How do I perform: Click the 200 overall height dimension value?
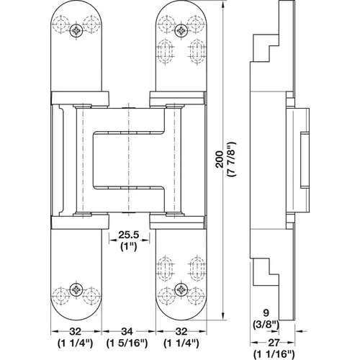pyautogui.click(x=220, y=159)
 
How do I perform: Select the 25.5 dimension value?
pyautogui.click(x=129, y=235)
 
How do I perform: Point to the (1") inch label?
pyautogui.click(x=129, y=246)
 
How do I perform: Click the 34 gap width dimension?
pyautogui.click(x=127, y=332)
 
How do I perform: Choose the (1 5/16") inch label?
pyautogui.click(x=127, y=343)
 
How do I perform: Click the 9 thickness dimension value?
pyautogui.click(x=266, y=312)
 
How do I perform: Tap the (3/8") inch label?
pyautogui.click(x=266, y=325)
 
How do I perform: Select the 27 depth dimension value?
pyautogui.click(x=273, y=343)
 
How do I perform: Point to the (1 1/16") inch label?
pyautogui.click(x=274, y=354)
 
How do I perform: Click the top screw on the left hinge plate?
pyautogui.click(x=76, y=31)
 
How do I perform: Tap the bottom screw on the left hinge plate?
pyautogui.click(x=76, y=290)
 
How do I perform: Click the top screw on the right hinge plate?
pyautogui.click(x=181, y=31)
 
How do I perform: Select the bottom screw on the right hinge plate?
pyautogui.click(x=181, y=290)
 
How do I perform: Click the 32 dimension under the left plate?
pyautogui.click(x=76, y=332)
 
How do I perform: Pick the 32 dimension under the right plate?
pyautogui.click(x=181, y=332)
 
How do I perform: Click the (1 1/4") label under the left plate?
pyautogui.click(x=75, y=343)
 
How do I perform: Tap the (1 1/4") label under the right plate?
pyautogui.click(x=181, y=343)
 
